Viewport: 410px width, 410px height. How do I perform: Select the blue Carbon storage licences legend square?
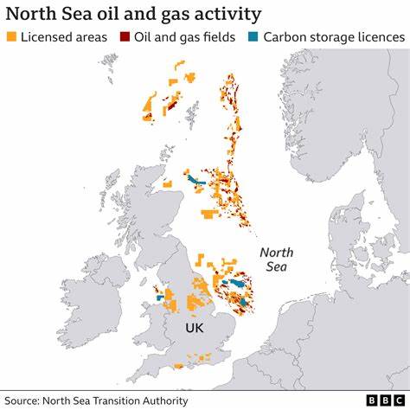(253, 38)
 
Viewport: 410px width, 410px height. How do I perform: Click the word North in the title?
(34, 14)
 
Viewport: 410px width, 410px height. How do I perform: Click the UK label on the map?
(195, 330)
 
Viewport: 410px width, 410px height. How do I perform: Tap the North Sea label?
(277, 259)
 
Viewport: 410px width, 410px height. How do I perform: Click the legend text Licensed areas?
(65, 38)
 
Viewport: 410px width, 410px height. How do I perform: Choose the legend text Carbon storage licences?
(333, 38)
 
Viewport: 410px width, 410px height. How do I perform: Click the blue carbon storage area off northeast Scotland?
(195, 181)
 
